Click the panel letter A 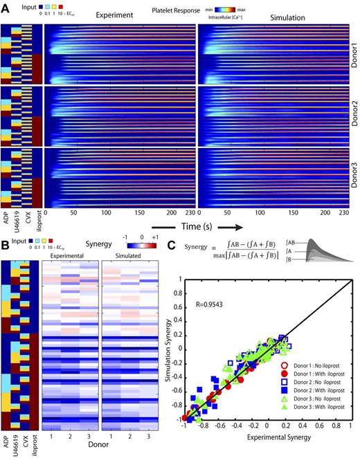coord(6,6)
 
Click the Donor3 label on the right coord(353,173)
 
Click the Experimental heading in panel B coord(68,254)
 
